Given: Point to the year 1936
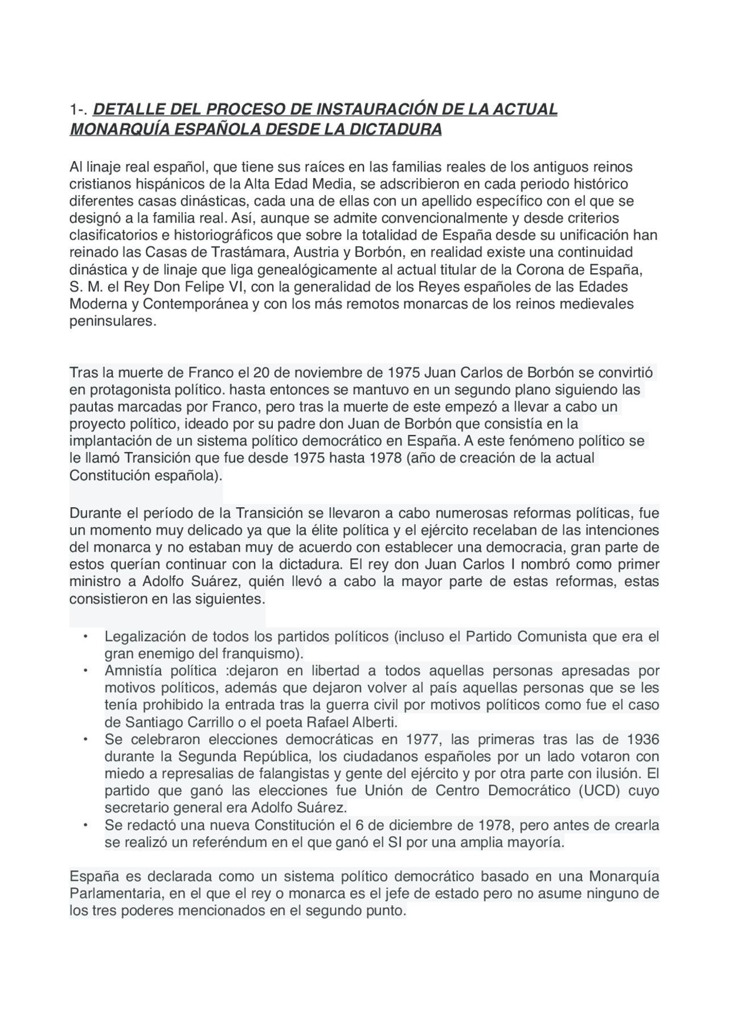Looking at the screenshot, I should click(x=642, y=740).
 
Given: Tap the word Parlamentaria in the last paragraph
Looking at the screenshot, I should click(x=116, y=894).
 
